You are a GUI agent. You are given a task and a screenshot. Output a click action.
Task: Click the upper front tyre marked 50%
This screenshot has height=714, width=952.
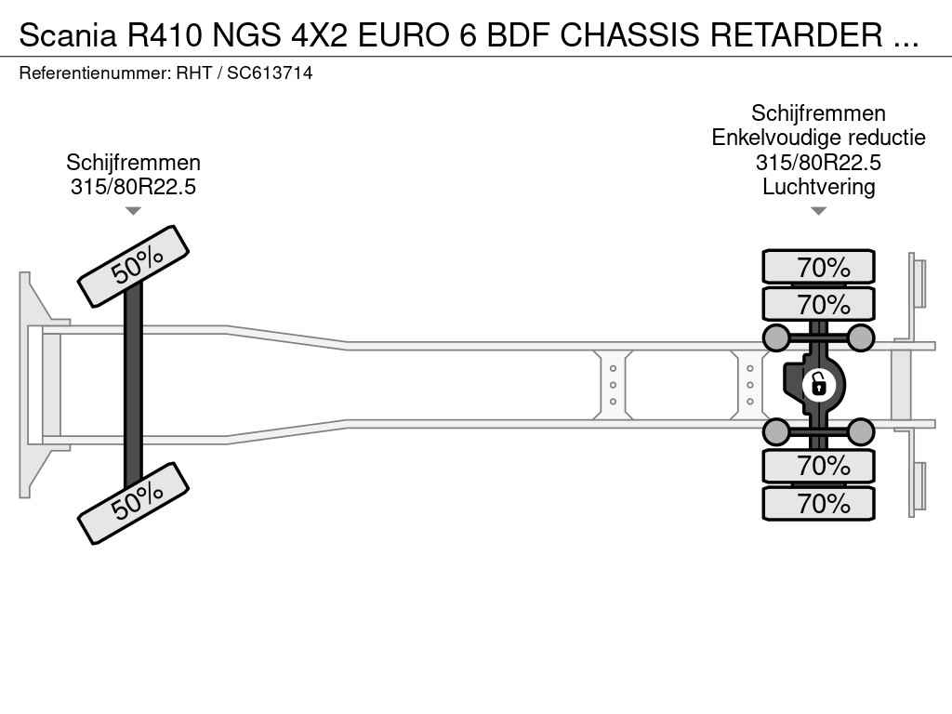click(x=133, y=266)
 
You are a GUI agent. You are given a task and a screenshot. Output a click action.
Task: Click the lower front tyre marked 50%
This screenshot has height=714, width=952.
click(x=133, y=502)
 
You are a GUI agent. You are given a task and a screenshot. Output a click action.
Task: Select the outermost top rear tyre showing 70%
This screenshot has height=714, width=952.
click(x=818, y=267)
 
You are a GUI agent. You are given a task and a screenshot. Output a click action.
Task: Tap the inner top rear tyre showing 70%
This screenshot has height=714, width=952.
click(x=818, y=304)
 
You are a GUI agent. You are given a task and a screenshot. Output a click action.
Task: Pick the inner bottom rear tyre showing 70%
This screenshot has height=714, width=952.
click(x=818, y=465)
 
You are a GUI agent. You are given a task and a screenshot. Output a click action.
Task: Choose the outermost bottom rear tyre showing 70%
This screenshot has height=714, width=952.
click(x=818, y=503)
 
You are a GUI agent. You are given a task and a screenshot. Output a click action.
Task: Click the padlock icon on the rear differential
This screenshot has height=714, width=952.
click(x=818, y=384)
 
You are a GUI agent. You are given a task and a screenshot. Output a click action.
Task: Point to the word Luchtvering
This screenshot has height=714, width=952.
click(x=818, y=187)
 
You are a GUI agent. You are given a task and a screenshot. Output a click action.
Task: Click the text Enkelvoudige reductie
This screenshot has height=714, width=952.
click(x=818, y=139)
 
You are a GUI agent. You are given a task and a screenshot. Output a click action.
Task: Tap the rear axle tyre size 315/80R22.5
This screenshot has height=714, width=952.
click(x=818, y=163)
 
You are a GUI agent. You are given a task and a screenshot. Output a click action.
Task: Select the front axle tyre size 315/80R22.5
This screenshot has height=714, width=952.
click(x=133, y=187)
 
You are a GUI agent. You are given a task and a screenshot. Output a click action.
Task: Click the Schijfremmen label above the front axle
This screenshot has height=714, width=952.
click(x=133, y=163)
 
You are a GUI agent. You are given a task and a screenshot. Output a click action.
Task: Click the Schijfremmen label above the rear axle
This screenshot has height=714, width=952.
click(x=818, y=113)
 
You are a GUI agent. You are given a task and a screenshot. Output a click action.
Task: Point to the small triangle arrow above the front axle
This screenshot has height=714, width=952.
click(x=133, y=211)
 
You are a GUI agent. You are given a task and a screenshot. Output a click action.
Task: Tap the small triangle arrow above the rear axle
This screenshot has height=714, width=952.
click(x=818, y=211)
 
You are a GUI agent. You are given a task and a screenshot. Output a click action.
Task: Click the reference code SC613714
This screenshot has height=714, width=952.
click(x=270, y=73)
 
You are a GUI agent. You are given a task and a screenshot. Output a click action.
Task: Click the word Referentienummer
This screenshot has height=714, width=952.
click(x=93, y=73)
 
